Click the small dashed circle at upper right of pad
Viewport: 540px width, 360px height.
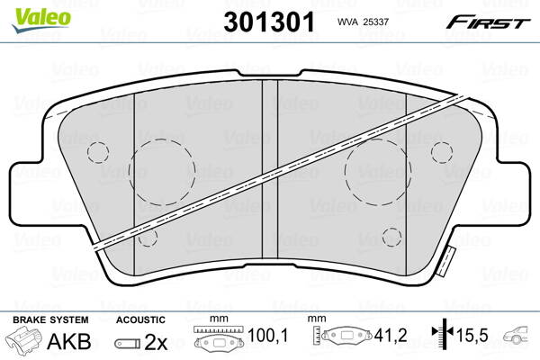(x=441, y=151)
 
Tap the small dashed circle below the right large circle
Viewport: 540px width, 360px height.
(x=391, y=237)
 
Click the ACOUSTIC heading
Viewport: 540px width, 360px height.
(x=140, y=319)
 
